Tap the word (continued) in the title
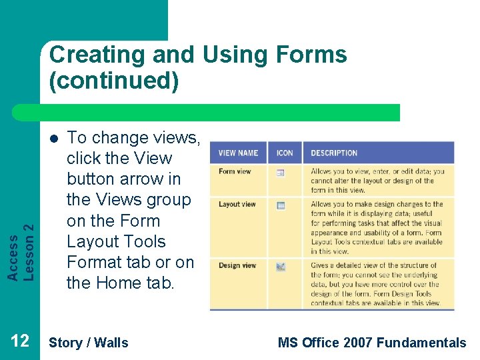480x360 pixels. [x=113, y=81]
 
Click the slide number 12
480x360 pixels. [x=20, y=342]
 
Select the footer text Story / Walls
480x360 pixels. [x=89, y=343]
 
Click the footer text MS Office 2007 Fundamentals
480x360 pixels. [x=371, y=343]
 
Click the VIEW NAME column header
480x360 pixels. [x=238, y=153]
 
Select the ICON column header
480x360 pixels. [x=285, y=153]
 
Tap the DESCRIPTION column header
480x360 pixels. [x=334, y=153]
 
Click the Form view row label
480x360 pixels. [x=235, y=171]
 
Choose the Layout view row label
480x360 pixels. [x=237, y=205]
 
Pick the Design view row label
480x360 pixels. [x=237, y=265]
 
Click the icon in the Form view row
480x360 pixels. [x=281, y=173]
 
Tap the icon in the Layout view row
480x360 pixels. [x=281, y=205]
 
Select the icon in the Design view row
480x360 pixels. [x=281, y=267]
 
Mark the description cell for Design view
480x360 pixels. [x=377, y=284]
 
